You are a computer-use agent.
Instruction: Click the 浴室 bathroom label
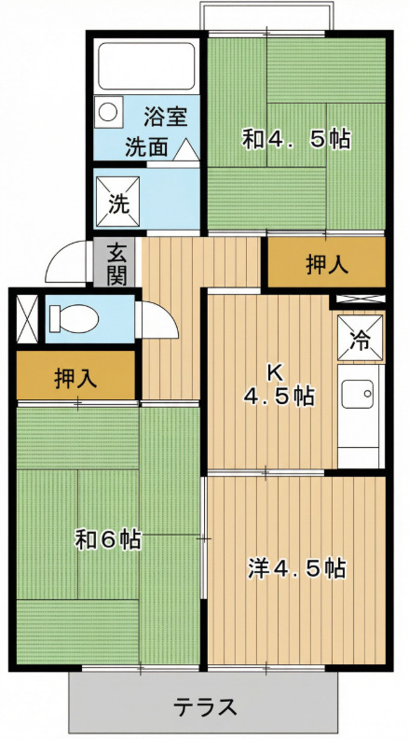[166, 118]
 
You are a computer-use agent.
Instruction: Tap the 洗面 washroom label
[146, 147]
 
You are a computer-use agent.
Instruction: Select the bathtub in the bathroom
[147, 65]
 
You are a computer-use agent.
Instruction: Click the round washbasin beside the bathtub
[108, 112]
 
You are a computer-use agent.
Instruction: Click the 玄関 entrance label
[116, 263]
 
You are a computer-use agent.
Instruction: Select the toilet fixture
[74, 318]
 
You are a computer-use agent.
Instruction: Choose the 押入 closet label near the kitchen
[327, 264]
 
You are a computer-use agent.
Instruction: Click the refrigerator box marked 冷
[360, 339]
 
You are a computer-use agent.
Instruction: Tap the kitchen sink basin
[357, 394]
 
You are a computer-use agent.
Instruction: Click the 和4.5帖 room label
[296, 139]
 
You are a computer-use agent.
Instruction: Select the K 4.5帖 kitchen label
[279, 386]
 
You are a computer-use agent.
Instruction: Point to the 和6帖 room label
[108, 539]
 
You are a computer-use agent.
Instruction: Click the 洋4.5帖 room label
[297, 568]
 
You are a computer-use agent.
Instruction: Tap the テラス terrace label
[204, 706]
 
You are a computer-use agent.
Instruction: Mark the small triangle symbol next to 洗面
[185, 150]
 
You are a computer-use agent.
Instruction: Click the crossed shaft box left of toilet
[27, 319]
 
